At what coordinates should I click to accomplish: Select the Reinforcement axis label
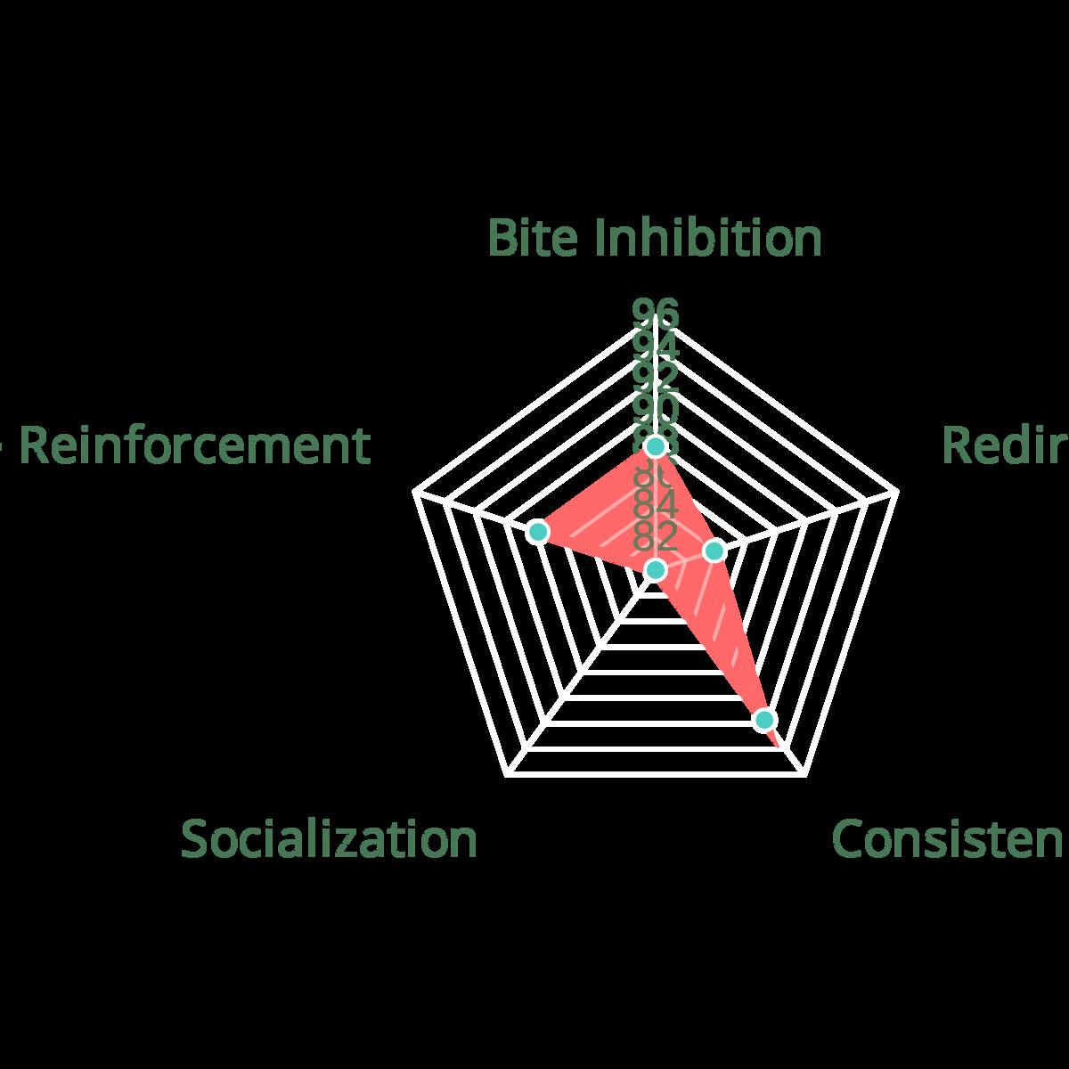194,445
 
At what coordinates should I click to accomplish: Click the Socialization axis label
329,839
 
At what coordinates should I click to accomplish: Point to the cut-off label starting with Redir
1005,445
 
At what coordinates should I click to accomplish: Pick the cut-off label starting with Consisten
948,839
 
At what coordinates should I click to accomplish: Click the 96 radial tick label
656,314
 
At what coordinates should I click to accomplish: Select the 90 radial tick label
656,409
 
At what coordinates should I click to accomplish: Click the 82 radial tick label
656,536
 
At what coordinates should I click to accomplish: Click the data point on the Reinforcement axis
536,532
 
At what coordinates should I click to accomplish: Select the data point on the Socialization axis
656,570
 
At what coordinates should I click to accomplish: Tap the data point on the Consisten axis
763,719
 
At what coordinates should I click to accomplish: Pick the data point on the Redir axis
714,552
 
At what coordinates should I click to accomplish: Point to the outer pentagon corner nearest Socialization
506,776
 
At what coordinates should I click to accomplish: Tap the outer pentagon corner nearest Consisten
805,776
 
